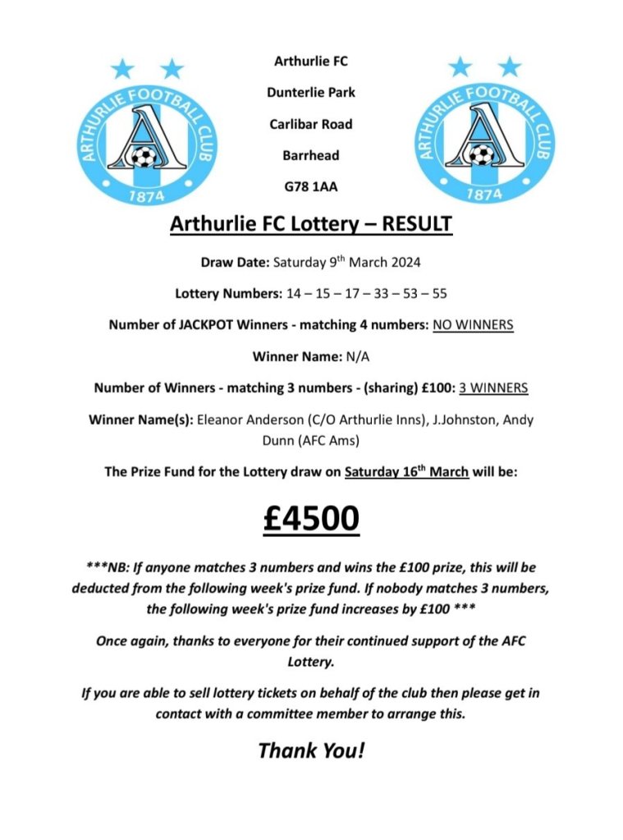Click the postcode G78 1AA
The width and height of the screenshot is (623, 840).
coord(311,186)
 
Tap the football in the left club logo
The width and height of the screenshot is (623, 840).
coord(143,155)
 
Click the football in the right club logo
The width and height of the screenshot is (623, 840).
coord(482,154)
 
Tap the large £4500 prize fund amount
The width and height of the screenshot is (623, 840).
coord(311,519)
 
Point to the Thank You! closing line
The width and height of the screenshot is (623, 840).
coord(311,750)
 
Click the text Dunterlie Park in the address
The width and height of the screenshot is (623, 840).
coord(311,93)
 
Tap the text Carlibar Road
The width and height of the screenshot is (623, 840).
coord(311,124)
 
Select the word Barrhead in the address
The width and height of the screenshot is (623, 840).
coord(311,155)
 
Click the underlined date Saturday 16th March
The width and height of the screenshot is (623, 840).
coord(406,473)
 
